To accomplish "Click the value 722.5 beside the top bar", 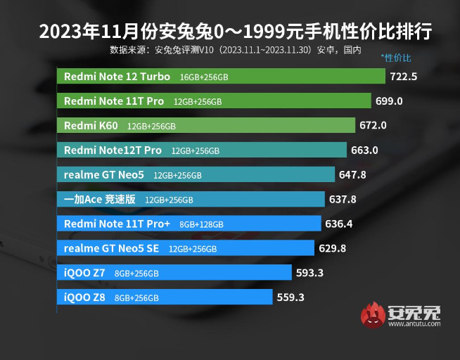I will (404, 76).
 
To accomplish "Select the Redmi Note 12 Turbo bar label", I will (116, 76).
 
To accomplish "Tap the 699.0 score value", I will (389, 101).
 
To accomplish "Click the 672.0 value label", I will (373, 125).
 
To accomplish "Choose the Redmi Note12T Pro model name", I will (113, 150).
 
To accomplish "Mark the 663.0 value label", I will (365, 150).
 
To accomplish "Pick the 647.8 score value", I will (352, 174).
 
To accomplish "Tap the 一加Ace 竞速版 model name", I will (99, 199).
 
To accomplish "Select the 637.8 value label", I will (343, 199).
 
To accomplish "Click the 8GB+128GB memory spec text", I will (201, 224).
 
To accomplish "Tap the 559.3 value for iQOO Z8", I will (290, 297).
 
